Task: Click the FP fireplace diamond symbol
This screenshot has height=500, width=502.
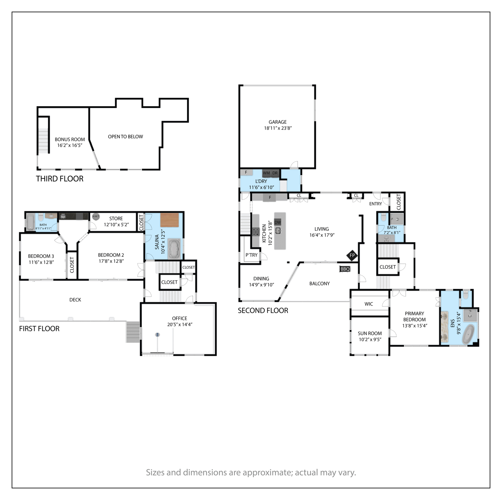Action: [x=352, y=256]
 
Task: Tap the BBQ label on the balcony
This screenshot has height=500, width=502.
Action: [x=345, y=269]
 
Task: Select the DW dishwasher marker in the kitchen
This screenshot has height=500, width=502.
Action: [x=278, y=222]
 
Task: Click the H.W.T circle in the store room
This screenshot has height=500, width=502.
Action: [x=96, y=216]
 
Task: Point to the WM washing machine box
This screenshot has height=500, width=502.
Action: [x=266, y=173]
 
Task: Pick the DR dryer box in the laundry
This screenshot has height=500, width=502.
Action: [x=275, y=173]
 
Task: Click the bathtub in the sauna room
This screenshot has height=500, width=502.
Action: [x=174, y=248]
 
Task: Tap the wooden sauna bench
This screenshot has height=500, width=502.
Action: [x=170, y=220]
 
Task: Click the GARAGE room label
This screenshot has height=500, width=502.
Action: [x=277, y=122]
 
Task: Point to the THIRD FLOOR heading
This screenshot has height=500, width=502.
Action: [x=60, y=179]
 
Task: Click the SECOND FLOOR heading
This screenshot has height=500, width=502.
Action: [x=263, y=311]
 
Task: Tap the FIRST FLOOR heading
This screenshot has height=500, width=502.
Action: [x=39, y=329]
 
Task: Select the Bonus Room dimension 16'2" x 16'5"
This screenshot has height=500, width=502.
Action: [x=70, y=146]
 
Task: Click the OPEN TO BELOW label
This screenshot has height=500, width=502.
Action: [x=125, y=137]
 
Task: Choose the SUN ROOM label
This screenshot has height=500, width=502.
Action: [x=370, y=333]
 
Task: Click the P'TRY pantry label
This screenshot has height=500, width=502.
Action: [x=251, y=255]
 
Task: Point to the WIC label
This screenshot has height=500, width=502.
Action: [x=369, y=304]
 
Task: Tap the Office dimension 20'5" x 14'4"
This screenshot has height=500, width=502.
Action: [x=180, y=325]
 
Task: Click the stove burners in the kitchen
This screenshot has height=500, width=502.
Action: [x=256, y=232]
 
